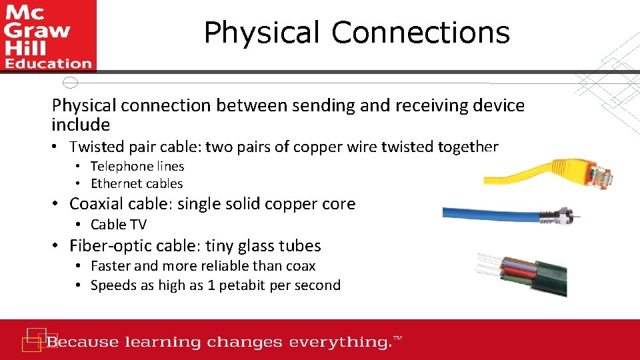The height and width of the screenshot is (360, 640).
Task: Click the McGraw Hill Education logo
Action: [47, 35]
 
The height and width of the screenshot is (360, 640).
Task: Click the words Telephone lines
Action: [137, 167]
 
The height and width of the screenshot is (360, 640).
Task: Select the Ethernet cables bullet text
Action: [137, 184]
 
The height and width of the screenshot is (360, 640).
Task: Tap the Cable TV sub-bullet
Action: [119, 225]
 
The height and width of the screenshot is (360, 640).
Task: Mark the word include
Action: [81, 125]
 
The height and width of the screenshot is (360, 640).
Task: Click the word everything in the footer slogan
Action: [334, 343]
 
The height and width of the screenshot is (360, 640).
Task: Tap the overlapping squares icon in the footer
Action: [33, 339]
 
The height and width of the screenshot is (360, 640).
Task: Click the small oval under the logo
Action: [70, 83]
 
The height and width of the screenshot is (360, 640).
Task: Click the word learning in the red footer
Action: [163, 343]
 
